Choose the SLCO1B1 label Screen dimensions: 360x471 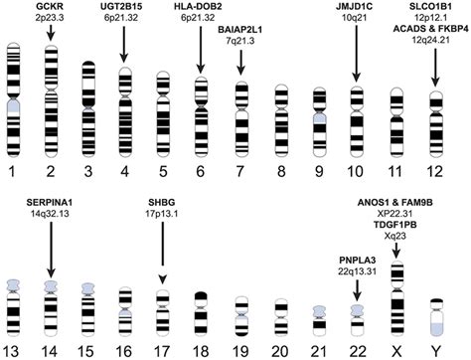tap(433, 8)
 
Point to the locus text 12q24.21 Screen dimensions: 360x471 tap(433, 44)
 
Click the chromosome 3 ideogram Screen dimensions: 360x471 tap(87, 99)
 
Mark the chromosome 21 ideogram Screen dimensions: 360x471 tap(316, 313)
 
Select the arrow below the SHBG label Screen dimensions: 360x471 tap(161, 253)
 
